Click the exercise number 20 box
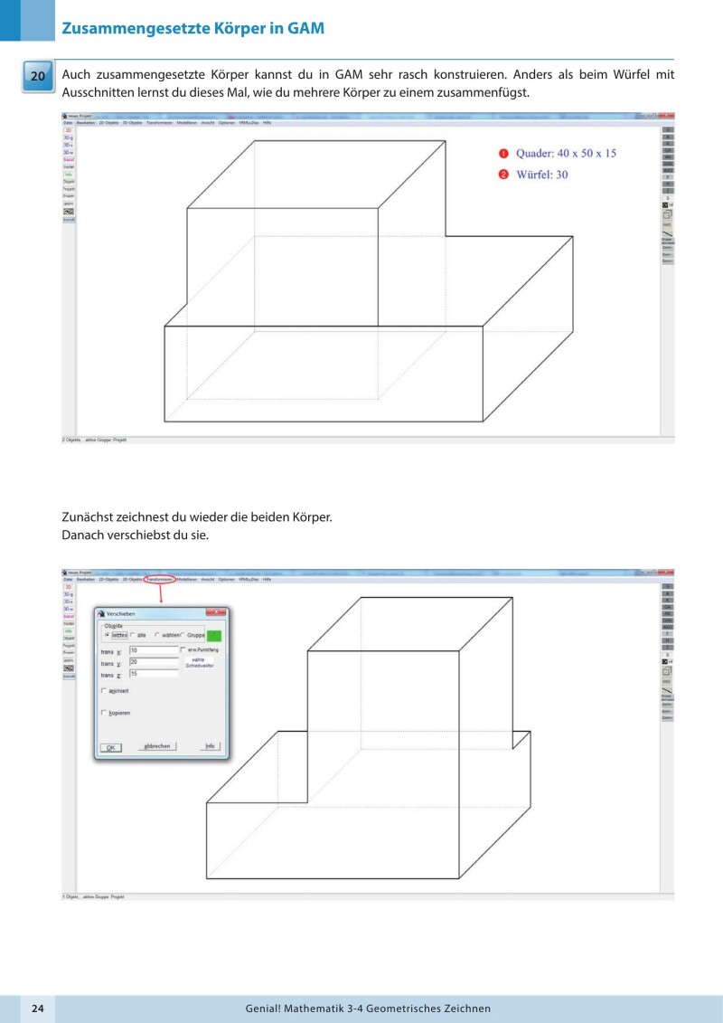[x=38, y=77]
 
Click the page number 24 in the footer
[x=38, y=1008]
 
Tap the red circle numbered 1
[x=504, y=153]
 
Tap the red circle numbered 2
[x=504, y=174]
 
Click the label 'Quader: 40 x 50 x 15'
[x=566, y=153]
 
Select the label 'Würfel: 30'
[x=542, y=174]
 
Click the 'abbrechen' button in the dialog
[x=155, y=747]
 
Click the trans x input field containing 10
[x=154, y=649]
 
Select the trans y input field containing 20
[x=154, y=661]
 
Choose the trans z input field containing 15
[x=154, y=674]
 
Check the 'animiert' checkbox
[x=104, y=691]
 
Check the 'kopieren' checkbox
[x=104, y=713]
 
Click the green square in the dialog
[x=214, y=636]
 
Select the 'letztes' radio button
[x=108, y=635]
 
